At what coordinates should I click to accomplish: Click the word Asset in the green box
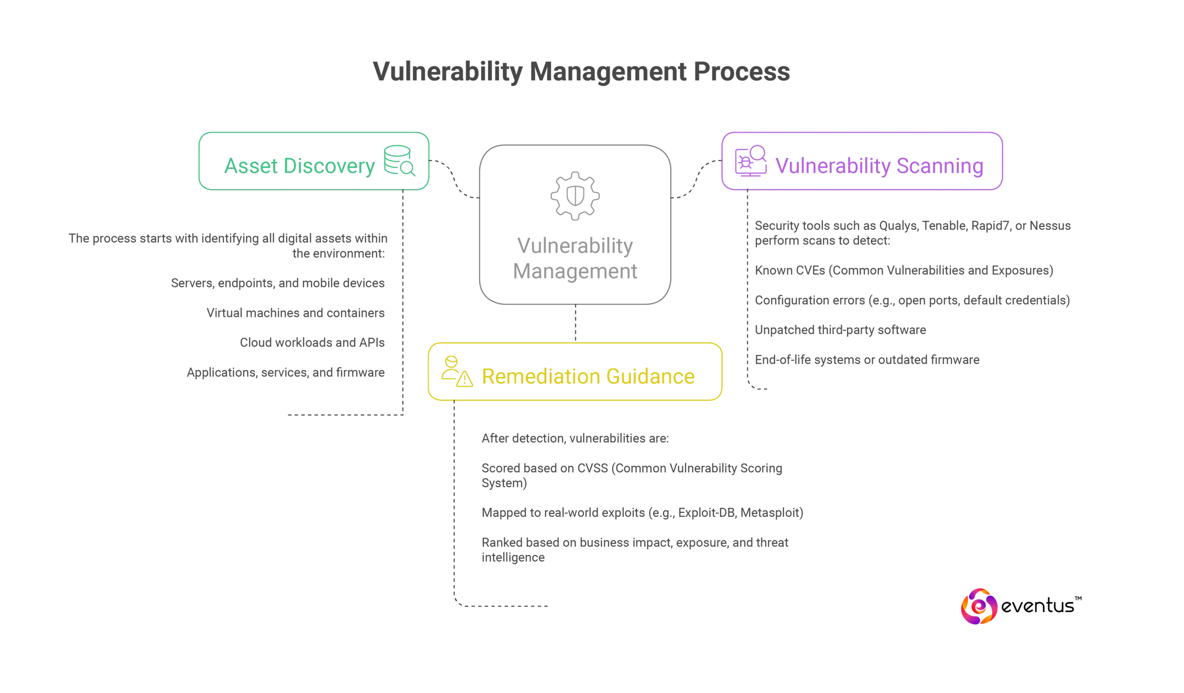[251, 166]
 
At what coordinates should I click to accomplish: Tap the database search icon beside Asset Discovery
[399, 161]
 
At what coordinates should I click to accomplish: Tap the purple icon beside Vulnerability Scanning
[750, 161]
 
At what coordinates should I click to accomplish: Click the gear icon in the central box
[575, 195]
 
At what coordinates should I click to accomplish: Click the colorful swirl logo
[979, 606]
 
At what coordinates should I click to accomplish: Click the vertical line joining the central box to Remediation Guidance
[575, 323]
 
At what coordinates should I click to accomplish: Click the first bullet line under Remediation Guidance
[574, 439]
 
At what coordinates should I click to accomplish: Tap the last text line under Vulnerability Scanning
[867, 360]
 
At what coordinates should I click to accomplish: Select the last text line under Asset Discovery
[285, 372]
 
